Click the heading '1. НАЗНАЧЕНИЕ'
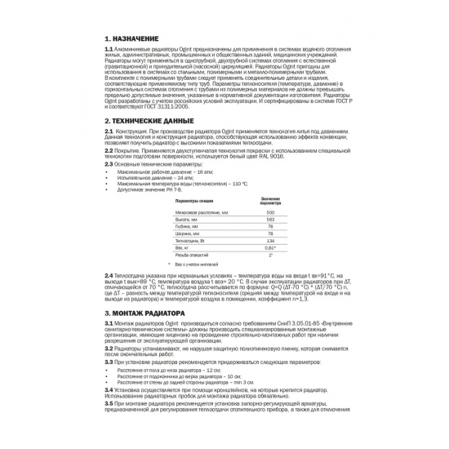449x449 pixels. (131, 38)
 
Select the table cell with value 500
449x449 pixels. (270, 212)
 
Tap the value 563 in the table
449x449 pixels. (270, 220)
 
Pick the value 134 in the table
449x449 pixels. (270, 241)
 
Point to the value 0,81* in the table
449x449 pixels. (270, 248)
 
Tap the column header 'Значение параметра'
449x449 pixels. (270, 200)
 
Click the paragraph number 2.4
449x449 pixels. (109, 276)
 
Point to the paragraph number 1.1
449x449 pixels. (109, 50)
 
